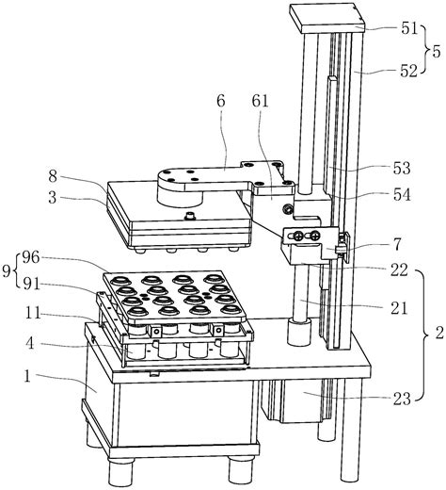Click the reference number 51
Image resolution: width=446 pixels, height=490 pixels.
pos(409,28)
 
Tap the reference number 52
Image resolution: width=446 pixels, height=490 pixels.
pos(409,72)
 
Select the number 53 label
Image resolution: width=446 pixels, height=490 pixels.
pos(402,169)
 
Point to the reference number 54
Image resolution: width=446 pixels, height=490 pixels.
pos(402,195)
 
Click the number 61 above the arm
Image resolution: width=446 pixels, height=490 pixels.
pos(260,102)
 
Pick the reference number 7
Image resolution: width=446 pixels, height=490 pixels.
pos(397,245)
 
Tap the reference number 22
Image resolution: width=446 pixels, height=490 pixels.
pos(399,269)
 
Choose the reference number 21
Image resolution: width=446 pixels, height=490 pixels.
pos(399,308)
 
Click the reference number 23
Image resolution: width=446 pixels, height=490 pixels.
pos(402,399)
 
